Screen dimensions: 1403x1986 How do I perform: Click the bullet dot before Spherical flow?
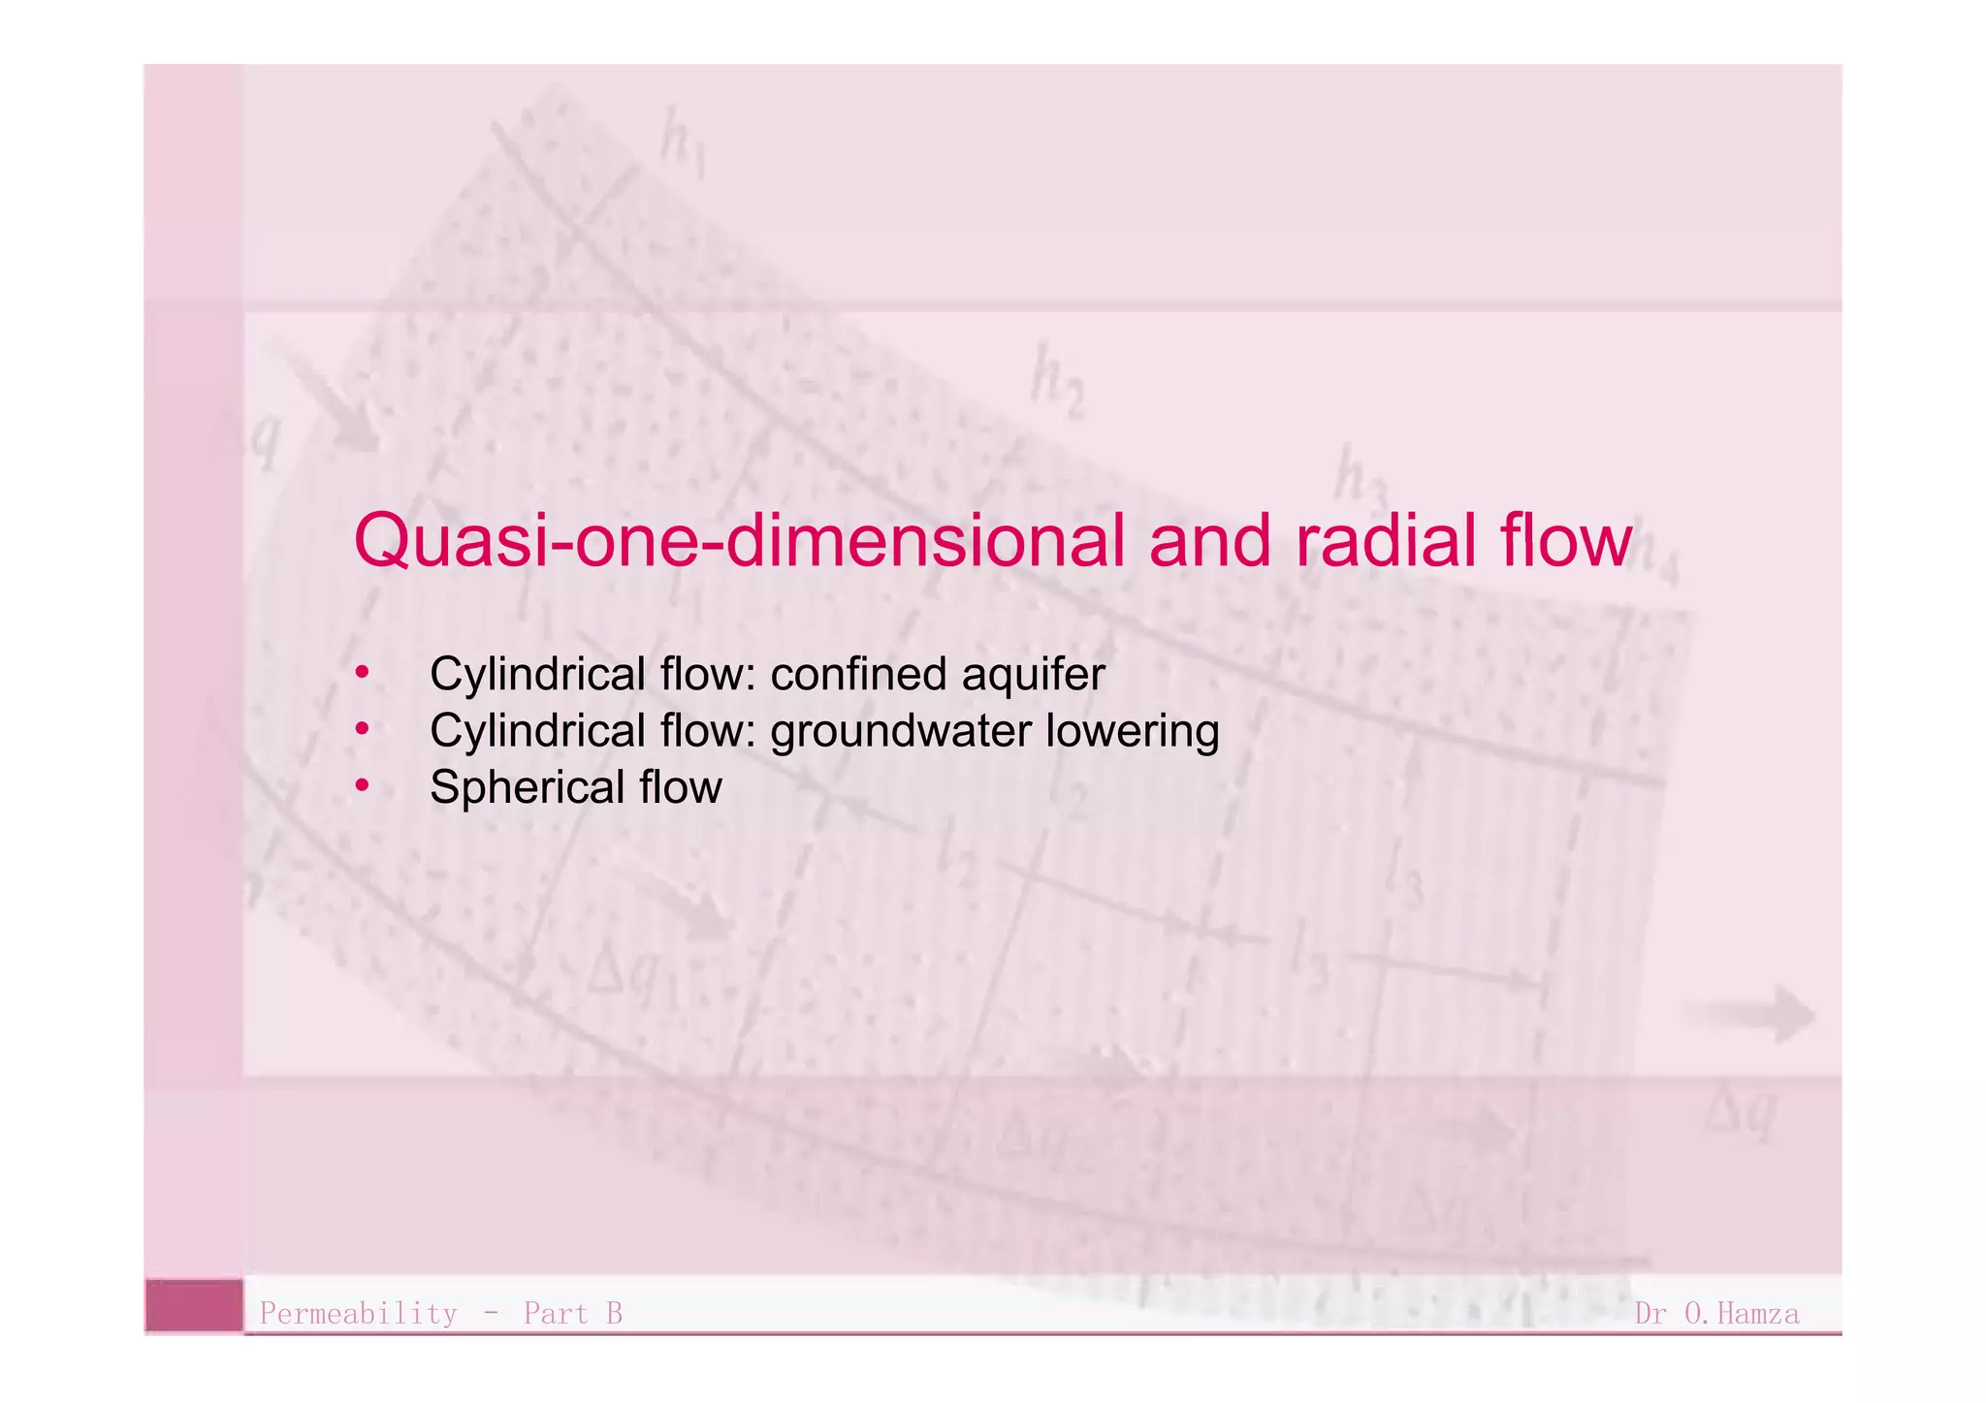[x=362, y=784]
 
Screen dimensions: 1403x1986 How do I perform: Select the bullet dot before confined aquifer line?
[x=362, y=671]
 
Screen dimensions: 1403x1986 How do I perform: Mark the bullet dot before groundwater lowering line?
[x=362, y=728]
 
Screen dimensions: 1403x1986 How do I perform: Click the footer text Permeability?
[x=358, y=1314]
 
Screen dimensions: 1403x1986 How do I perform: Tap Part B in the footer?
[x=572, y=1314]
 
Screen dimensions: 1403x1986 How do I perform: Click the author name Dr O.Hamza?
[x=1716, y=1314]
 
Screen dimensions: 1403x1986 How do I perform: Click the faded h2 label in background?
[x=1056, y=381]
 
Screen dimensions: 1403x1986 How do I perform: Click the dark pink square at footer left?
[x=194, y=1306]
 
